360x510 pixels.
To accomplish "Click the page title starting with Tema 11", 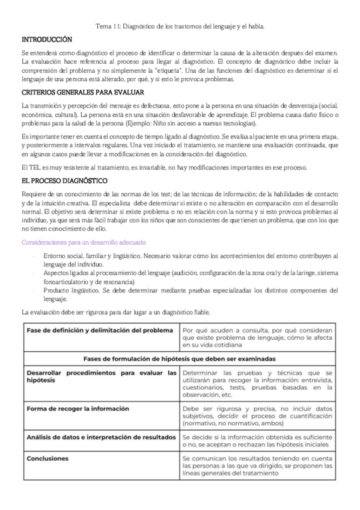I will (180, 26).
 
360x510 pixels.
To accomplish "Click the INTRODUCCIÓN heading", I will (46, 40).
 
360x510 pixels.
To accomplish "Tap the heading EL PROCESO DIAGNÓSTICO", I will (64, 180).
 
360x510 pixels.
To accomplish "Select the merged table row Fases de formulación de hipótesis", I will (180, 358).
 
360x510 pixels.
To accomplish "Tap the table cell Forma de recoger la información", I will (78, 408).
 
